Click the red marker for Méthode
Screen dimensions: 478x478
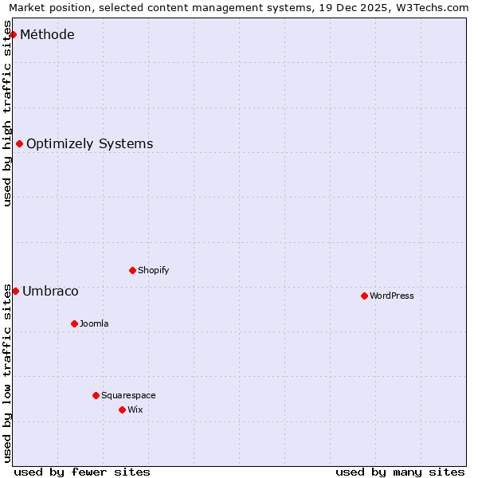point(14,35)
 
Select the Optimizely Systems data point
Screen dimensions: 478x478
point(20,144)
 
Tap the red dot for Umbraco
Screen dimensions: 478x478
point(15,292)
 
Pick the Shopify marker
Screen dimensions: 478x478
point(133,271)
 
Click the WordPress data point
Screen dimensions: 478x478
point(365,296)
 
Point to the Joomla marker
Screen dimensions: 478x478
point(75,324)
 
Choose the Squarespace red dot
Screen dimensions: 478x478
point(96,396)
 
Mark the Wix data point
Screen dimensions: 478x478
point(123,410)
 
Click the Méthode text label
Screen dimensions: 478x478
point(47,35)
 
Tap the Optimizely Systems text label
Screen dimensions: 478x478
point(89,144)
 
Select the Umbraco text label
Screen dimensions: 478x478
point(50,292)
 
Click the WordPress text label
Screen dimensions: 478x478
point(392,296)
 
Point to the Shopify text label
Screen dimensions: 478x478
point(154,271)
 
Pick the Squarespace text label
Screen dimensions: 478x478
point(128,396)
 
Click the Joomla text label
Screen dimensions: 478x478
point(94,324)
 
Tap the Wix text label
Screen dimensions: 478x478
point(135,410)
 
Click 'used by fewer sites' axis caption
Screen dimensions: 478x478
point(82,472)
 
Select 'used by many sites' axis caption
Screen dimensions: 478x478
point(400,472)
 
